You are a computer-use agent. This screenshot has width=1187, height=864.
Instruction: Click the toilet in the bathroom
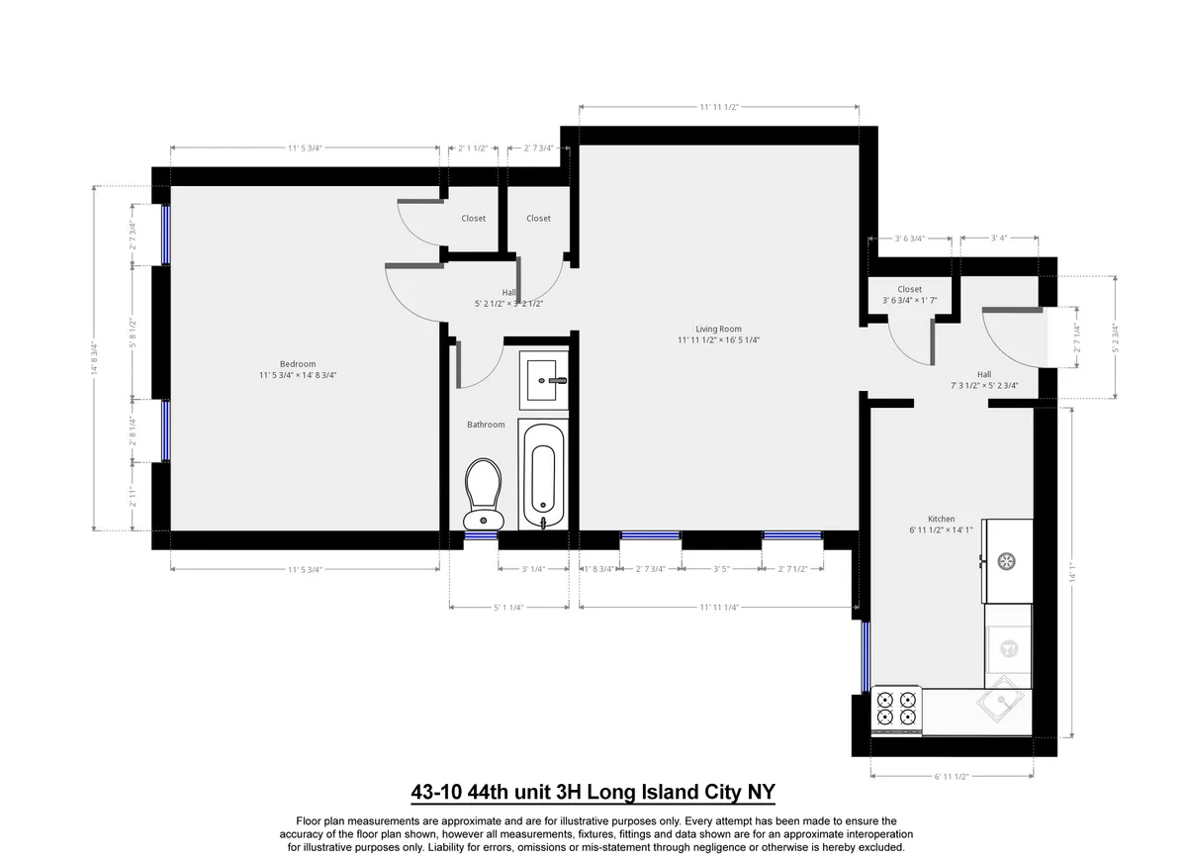pos(484,493)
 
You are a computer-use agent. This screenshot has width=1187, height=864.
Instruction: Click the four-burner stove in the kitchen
pos(896,708)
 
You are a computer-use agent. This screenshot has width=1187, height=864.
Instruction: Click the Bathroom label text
pos(486,425)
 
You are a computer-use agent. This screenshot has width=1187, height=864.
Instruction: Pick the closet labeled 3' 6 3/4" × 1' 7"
pos(909,295)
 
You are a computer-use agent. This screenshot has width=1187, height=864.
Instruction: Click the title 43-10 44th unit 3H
pos(593,792)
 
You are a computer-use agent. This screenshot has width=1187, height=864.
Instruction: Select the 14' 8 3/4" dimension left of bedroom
pos(94,357)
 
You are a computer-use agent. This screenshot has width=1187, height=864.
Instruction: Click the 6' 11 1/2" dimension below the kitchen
pos(951,776)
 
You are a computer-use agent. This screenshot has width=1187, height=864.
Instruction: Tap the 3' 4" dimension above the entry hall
pos(998,239)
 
